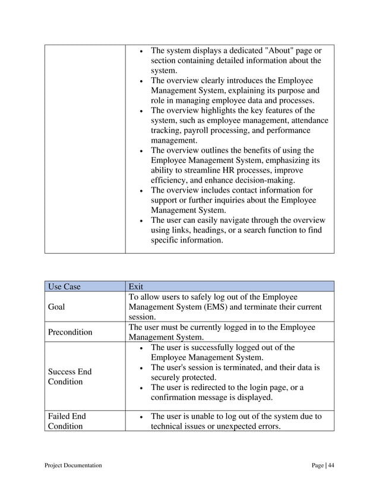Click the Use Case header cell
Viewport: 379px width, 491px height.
64,287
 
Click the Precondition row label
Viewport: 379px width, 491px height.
70,332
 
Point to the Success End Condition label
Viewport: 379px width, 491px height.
70,377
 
